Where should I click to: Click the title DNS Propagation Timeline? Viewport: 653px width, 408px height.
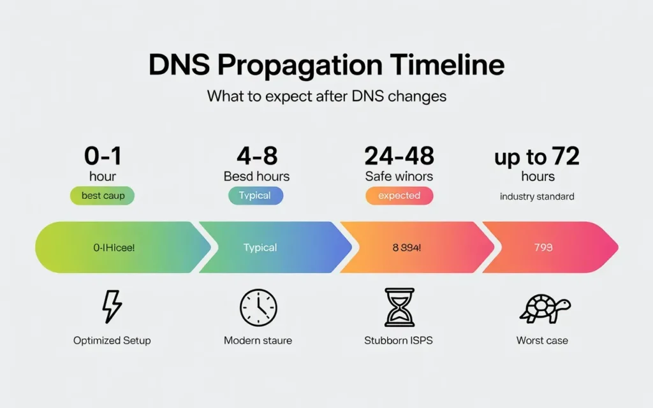(326, 66)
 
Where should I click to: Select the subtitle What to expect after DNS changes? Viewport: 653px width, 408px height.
(326, 97)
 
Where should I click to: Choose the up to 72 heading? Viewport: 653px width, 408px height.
(537, 157)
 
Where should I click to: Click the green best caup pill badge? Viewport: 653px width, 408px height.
(103, 196)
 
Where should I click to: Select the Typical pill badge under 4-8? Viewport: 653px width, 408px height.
(255, 196)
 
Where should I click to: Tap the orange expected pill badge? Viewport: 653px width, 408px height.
(399, 196)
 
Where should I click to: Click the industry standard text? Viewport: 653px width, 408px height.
(537, 196)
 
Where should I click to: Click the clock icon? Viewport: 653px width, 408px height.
(258, 308)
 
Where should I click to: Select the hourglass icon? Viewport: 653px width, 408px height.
(399, 307)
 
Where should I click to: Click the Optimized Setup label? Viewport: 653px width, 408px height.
(112, 340)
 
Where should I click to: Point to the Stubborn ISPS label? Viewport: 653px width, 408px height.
(399, 340)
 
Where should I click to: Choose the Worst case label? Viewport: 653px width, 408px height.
(542, 340)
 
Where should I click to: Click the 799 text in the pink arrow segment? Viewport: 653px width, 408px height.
(543, 247)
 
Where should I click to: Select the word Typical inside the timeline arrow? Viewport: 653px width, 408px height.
(260, 247)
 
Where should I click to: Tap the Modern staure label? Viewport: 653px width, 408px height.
(258, 340)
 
